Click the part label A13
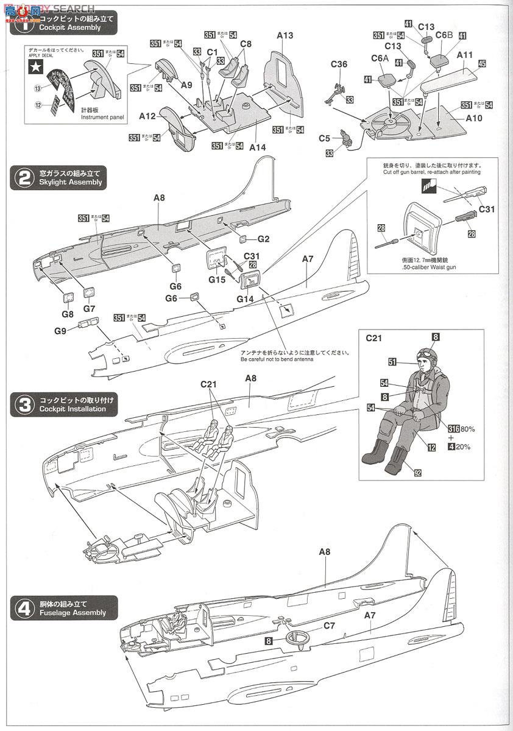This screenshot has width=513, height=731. [x=285, y=35]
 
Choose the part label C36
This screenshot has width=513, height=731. [x=339, y=64]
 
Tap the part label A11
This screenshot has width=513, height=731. [x=465, y=54]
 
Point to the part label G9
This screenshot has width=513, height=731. [x=60, y=331]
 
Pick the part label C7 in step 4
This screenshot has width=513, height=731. [x=329, y=626]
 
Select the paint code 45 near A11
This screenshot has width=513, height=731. [x=482, y=63]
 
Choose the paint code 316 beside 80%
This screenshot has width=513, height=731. [x=453, y=429]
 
